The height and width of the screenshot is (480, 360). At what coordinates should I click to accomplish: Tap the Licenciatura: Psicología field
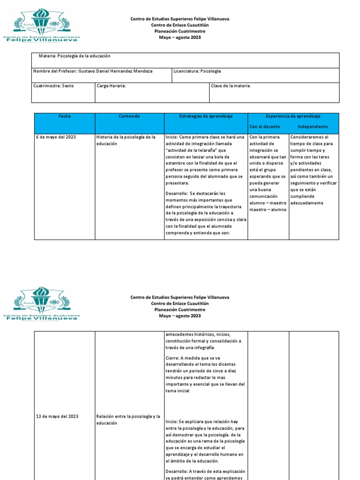[x=197, y=71]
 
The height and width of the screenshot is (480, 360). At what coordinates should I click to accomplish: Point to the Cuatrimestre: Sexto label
[x=53, y=86]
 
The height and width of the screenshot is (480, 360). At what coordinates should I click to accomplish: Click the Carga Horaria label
[x=111, y=86]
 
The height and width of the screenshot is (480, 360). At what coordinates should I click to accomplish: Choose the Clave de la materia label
[x=231, y=86]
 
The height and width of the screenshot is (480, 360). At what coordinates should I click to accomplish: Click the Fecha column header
[x=65, y=116]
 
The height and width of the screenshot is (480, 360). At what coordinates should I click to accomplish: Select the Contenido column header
[x=129, y=116]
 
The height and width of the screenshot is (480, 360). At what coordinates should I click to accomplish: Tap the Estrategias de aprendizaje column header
[x=206, y=116]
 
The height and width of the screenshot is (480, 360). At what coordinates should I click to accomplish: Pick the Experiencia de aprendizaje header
[x=293, y=116]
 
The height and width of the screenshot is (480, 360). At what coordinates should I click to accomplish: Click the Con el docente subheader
[x=265, y=127]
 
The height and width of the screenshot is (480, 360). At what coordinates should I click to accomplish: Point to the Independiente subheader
[x=313, y=127]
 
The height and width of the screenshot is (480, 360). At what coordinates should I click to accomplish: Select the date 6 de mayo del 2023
[x=56, y=137]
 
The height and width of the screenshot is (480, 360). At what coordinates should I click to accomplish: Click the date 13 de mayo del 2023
[x=57, y=416]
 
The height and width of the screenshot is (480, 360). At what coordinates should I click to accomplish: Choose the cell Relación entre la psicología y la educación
[x=128, y=419]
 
